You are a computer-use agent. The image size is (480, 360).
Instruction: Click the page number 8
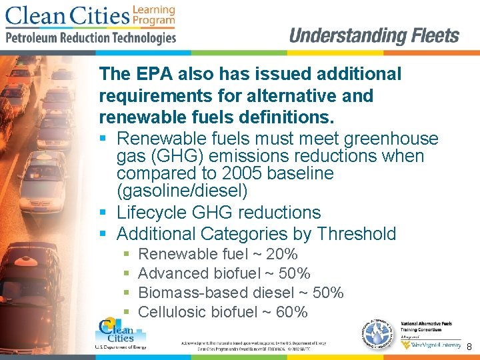click(469, 347)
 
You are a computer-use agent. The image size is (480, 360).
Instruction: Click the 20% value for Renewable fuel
click(282, 254)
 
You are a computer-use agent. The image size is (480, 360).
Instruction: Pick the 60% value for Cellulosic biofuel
click(292, 312)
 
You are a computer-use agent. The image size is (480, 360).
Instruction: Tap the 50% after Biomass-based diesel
click(328, 293)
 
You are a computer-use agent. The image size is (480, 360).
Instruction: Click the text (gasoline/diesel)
click(182, 191)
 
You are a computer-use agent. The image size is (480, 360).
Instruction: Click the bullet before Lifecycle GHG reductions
click(103, 213)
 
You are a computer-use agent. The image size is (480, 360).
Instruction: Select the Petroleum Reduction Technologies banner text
click(91, 38)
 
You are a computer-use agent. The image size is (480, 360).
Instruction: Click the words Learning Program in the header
click(153, 15)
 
